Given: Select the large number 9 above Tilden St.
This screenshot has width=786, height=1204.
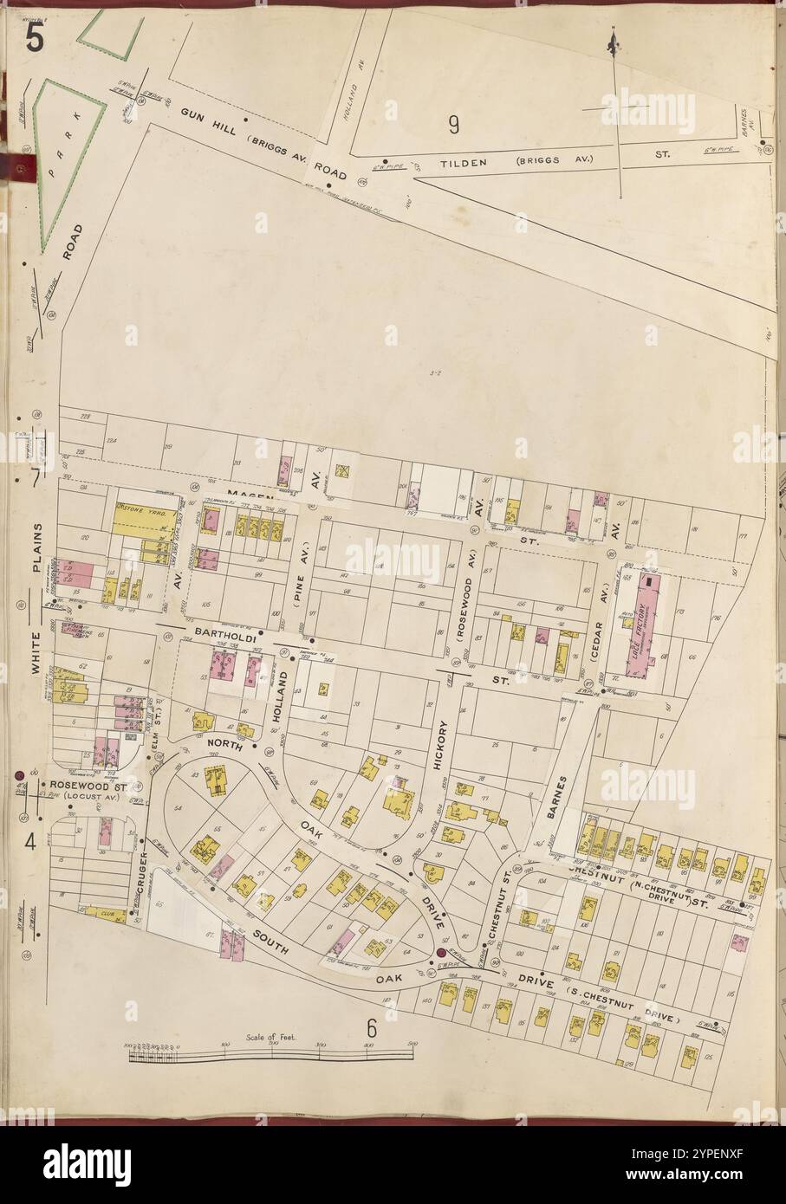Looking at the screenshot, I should click(x=452, y=125).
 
